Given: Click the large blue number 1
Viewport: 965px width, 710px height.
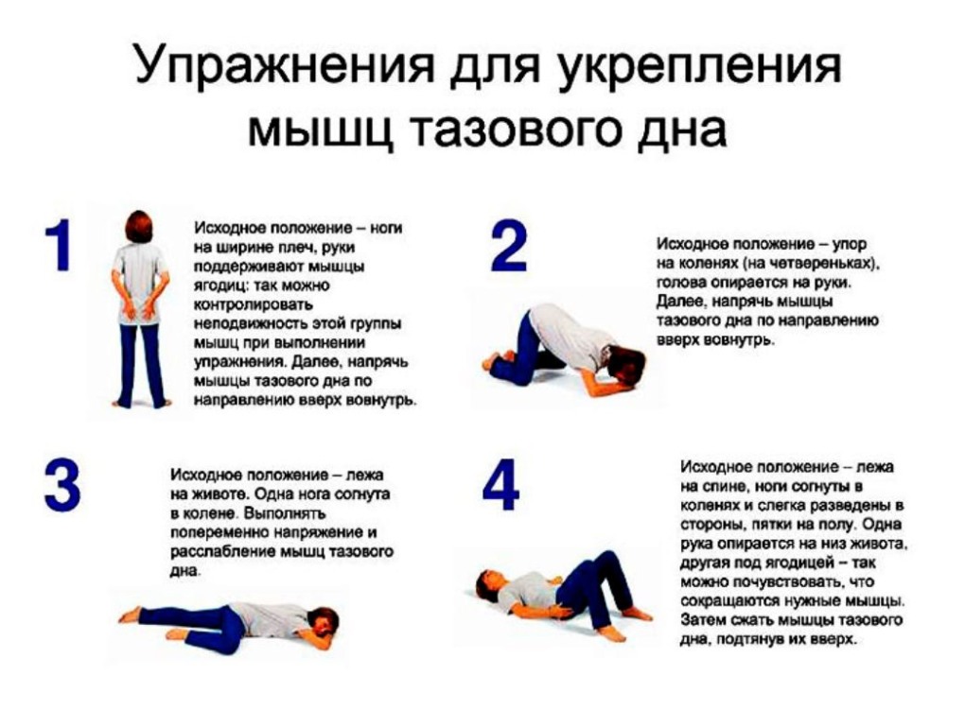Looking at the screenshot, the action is click(x=59, y=247).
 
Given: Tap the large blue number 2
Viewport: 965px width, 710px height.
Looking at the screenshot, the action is click(x=509, y=247).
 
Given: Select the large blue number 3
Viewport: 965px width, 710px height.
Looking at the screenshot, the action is click(x=62, y=486).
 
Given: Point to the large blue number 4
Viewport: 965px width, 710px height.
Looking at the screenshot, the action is click(x=500, y=486).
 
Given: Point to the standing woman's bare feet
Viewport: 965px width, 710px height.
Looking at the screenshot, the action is click(x=141, y=403).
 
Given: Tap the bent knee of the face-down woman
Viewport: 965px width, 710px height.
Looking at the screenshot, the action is click(x=235, y=616).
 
